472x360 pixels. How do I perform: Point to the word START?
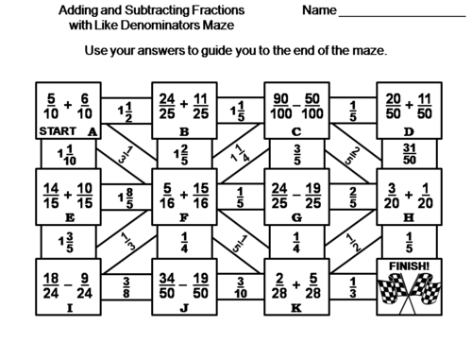point(53,133)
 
